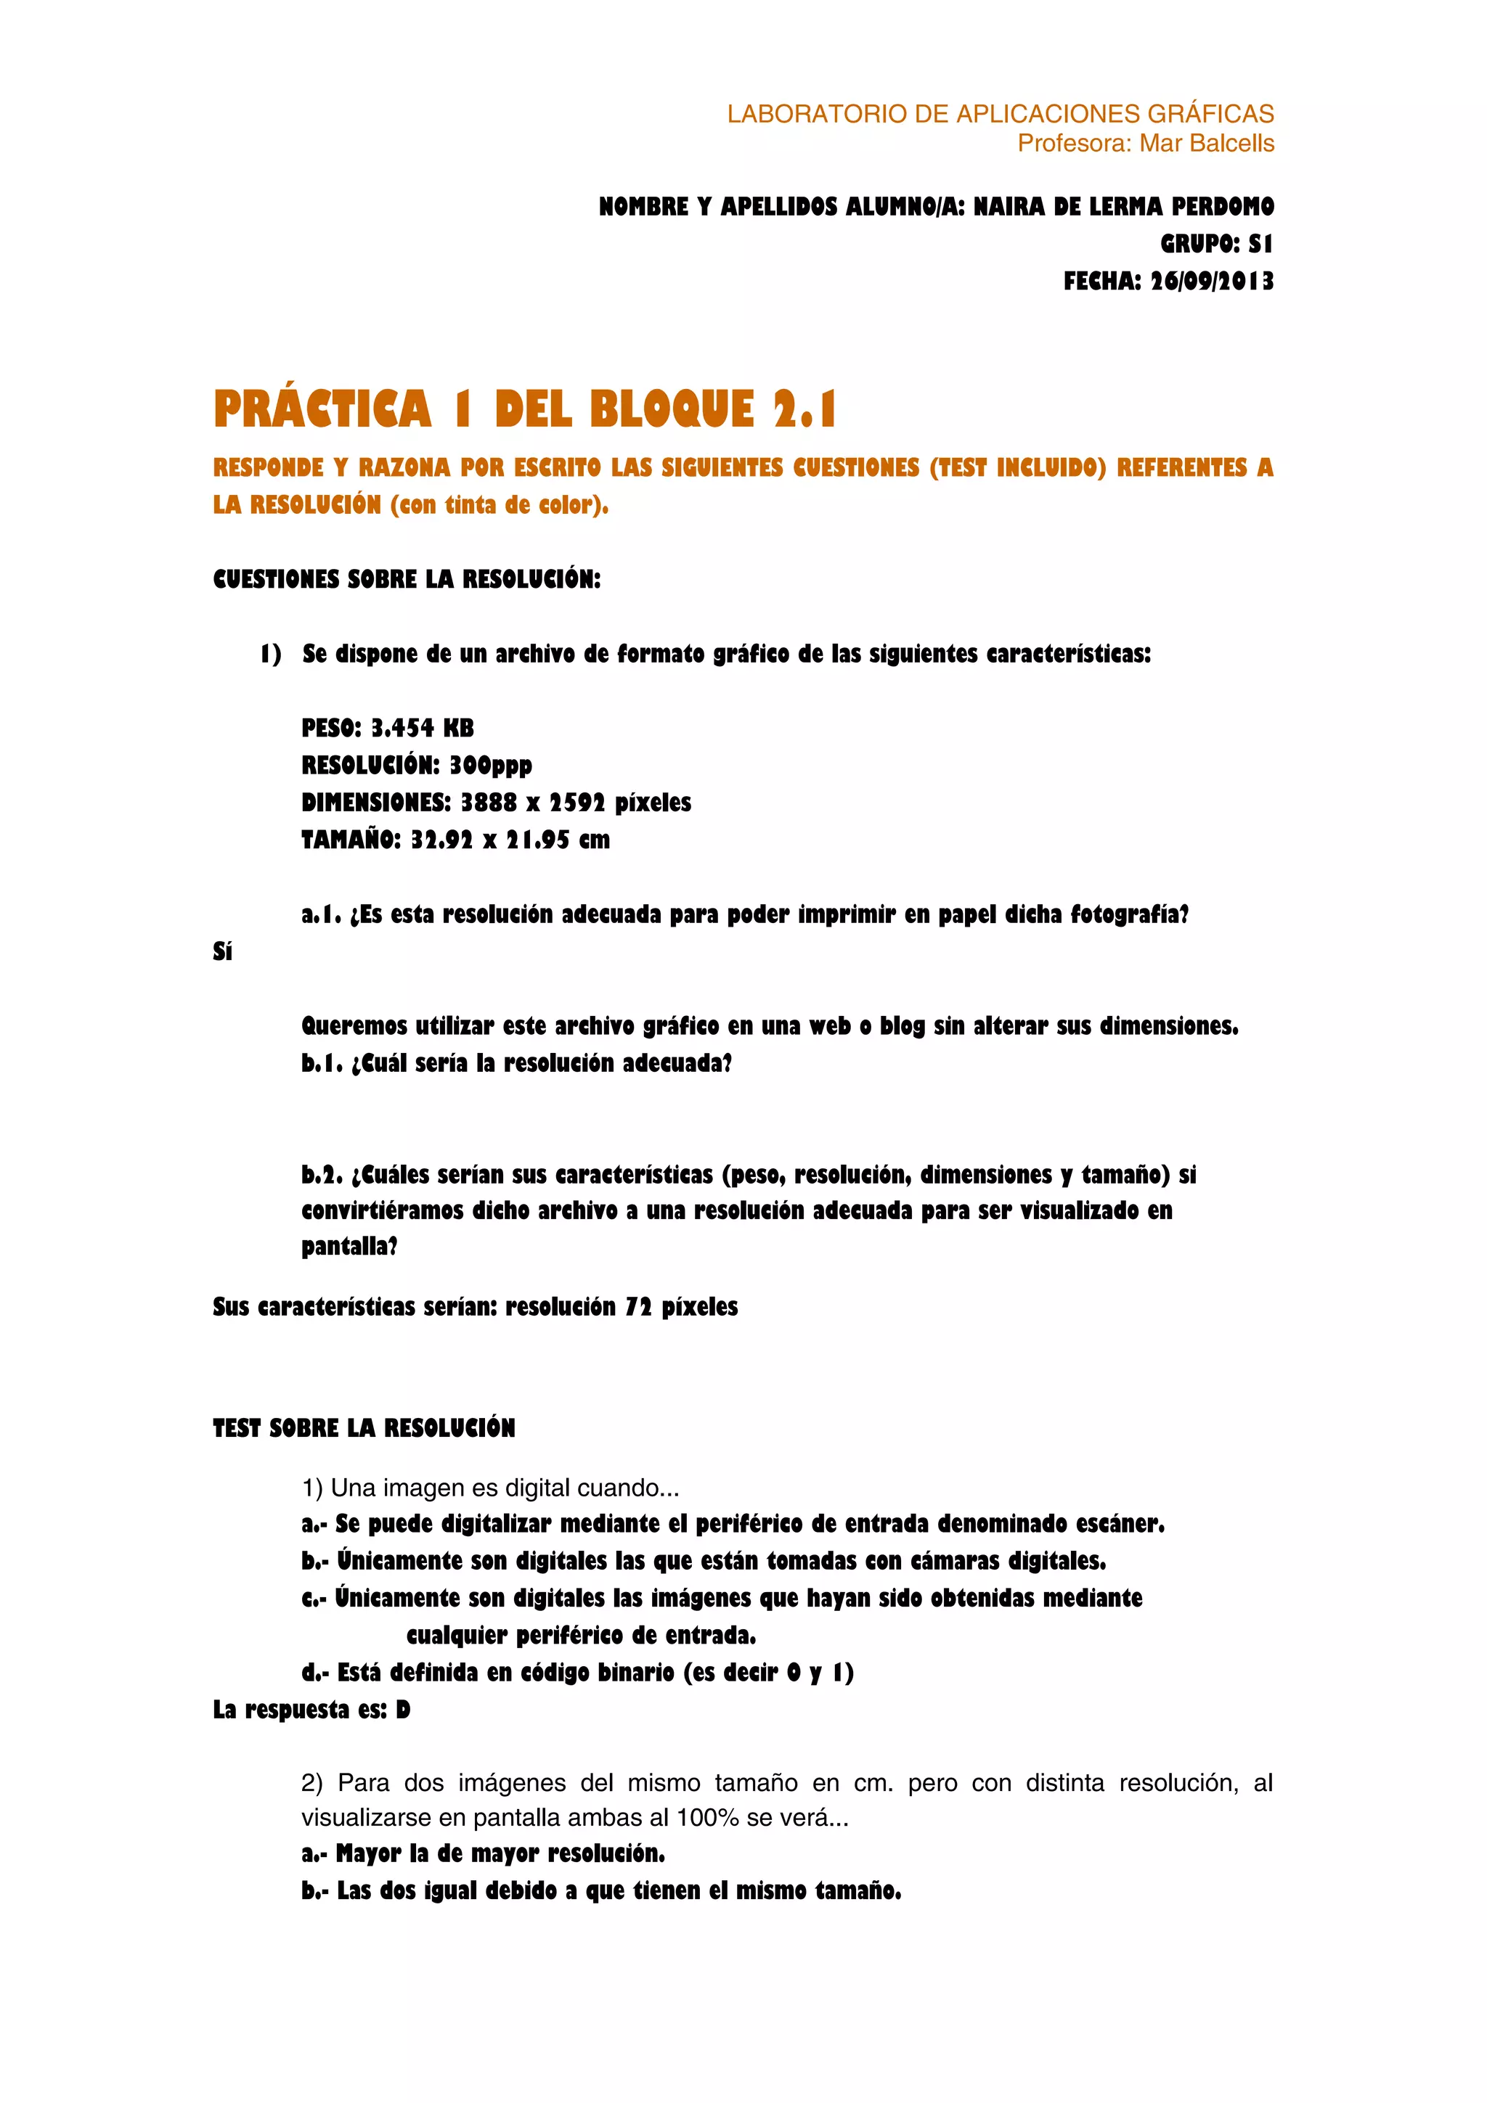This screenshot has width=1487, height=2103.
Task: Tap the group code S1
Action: [1260, 244]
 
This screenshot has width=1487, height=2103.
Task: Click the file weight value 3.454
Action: [402, 728]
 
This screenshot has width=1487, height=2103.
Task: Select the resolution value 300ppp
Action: [490, 766]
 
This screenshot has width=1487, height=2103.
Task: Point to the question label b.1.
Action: [322, 1063]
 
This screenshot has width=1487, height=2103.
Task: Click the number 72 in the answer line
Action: [639, 1307]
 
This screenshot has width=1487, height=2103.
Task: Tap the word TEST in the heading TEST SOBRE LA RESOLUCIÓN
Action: [237, 1428]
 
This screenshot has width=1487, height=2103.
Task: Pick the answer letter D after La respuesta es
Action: [403, 1710]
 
